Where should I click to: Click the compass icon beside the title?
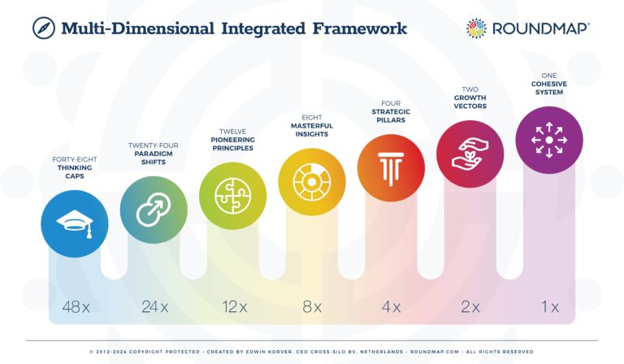click(43, 28)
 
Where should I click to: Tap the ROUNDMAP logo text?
click(539, 28)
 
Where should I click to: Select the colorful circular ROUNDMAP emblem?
click(476, 28)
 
